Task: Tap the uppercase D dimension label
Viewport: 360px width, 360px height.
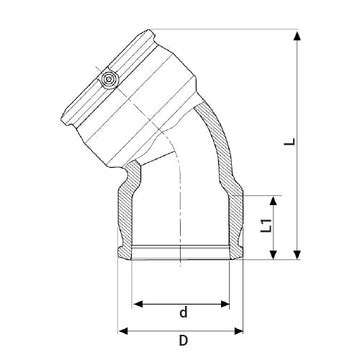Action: (x=183, y=344)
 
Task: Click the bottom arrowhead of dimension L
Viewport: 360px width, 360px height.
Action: (x=298, y=257)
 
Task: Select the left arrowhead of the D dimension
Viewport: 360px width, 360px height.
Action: (x=122, y=330)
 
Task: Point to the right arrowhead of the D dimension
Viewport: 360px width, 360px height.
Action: (x=246, y=330)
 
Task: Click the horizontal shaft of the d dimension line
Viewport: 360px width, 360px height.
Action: (x=184, y=300)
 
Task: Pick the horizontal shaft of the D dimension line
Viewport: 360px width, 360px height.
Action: (x=184, y=330)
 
